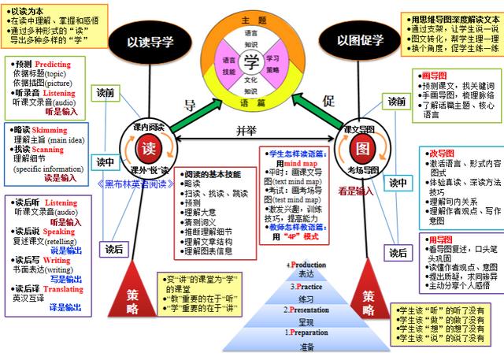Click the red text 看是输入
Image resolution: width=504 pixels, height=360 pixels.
357,191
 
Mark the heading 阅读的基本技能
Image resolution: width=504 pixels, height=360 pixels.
213,174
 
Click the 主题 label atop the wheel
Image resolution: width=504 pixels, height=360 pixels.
251,19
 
